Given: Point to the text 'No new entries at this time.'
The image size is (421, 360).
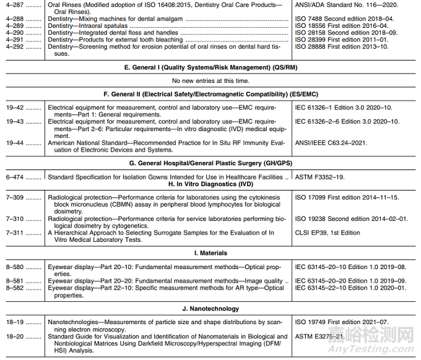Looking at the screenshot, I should click(211, 80).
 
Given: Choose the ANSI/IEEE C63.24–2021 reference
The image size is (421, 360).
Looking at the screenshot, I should click(331, 143).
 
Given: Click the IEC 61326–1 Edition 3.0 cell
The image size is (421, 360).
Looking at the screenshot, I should click(344, 108).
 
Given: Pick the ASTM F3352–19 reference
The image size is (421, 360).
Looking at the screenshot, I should click(325, 177).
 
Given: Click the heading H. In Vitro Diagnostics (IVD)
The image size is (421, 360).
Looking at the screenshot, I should click(210, 184).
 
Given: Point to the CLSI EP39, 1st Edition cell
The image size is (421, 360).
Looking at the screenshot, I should click(328, 233).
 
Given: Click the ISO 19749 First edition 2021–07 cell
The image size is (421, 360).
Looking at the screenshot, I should click(342, 322).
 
